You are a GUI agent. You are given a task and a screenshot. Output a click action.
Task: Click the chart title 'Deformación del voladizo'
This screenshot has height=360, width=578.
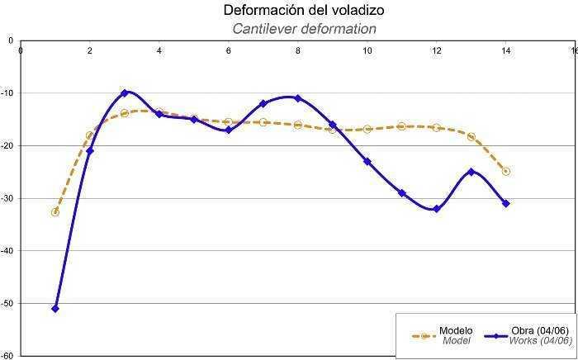click(304, 11)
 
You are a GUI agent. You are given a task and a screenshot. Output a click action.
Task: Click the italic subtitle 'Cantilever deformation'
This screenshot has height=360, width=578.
click(304, 29)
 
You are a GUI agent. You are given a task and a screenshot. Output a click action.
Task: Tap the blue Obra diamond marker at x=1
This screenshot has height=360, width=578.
click(55, 308)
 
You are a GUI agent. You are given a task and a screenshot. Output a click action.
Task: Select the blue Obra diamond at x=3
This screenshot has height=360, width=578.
click(125, 92)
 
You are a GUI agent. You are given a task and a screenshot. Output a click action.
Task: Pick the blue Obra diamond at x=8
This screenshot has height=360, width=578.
click(298, 98)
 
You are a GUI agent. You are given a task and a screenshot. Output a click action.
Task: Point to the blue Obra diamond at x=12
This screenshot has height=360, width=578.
click(437, 209)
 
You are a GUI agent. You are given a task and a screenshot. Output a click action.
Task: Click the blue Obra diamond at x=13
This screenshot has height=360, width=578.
click(471, 172)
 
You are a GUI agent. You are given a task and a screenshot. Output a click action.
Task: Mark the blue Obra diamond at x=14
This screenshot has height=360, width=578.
click(506, 203)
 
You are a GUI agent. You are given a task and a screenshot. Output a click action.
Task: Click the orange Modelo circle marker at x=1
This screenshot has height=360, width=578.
click(55, 212)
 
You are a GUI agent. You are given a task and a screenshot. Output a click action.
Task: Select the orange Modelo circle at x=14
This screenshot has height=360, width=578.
click(506, 172)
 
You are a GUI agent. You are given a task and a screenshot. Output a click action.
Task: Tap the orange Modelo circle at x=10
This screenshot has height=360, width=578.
click(367, 130)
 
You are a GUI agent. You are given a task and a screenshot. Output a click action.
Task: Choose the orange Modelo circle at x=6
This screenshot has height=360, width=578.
click(229, 121)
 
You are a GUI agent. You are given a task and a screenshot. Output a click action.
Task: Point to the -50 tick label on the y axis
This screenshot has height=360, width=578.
click(7, 304)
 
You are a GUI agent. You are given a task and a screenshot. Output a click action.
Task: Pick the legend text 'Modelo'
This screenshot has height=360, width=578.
click(456, 330)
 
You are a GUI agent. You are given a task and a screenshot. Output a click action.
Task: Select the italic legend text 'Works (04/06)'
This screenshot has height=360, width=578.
click(541, 340)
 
